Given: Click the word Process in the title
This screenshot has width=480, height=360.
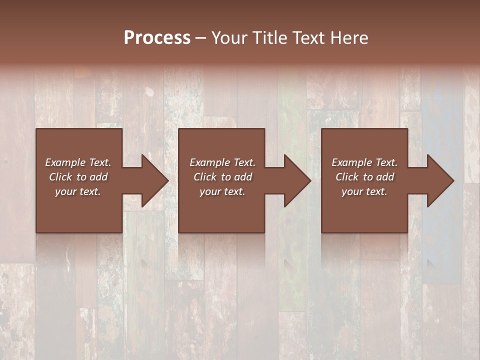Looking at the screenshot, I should click(x=157, y=38).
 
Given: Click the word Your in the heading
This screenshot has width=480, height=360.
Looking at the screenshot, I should click(x=230, y=38).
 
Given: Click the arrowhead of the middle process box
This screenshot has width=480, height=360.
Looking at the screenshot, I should click(x=296, y=180).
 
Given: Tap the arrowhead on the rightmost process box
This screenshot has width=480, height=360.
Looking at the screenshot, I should click(x=439, y=180).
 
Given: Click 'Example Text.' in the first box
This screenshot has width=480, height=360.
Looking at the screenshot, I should click(x=78, y=162).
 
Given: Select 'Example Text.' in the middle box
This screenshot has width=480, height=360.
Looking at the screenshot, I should click(x=222, y=162).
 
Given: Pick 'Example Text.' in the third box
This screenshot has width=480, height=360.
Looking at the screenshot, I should click(x=364, y=162).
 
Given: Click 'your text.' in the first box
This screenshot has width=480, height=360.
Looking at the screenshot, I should click(x=78, y=191).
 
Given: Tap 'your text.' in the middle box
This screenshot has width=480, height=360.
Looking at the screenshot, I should click(x=222, y=191).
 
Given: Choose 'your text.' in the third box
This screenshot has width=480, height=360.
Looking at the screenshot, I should click(x=364, y=191).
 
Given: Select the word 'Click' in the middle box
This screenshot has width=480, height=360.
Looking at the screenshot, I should click(x=205, y=177).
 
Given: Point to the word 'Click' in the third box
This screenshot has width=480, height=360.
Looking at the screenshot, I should click(x=347, y=177).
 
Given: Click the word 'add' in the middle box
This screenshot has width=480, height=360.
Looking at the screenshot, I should click(x=243, y=177).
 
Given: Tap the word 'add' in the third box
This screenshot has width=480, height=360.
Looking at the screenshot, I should click(x=385, y=177).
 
